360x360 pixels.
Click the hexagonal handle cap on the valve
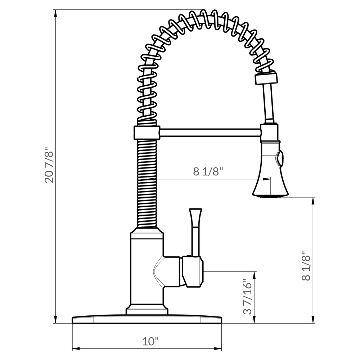tap(193, 271)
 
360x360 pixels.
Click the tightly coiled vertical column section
tap(147, 184)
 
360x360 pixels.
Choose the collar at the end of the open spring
tap(266, 78)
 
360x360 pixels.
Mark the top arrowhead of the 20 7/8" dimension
tap(55, 12)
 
